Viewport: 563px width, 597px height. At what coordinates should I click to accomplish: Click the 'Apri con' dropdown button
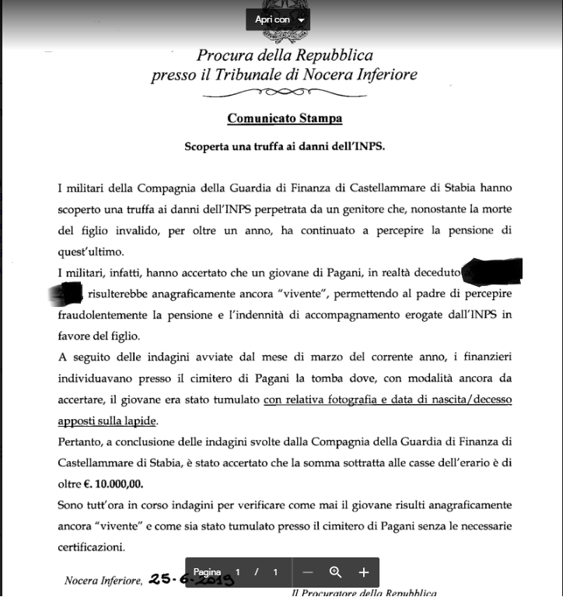278,19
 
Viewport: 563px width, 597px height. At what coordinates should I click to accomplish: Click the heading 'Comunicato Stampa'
285,119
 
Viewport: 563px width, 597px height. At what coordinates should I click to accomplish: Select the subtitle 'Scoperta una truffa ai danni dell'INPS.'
285,146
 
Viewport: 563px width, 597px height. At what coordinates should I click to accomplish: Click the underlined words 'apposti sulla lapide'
107,421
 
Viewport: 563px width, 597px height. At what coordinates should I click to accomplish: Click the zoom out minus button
308,572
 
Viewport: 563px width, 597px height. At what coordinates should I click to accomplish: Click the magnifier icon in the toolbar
336,572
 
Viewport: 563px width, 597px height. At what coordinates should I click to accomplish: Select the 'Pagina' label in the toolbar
207,572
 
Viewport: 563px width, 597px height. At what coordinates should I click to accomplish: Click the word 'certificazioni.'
92,546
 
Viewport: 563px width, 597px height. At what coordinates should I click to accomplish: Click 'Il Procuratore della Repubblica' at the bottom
363,593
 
